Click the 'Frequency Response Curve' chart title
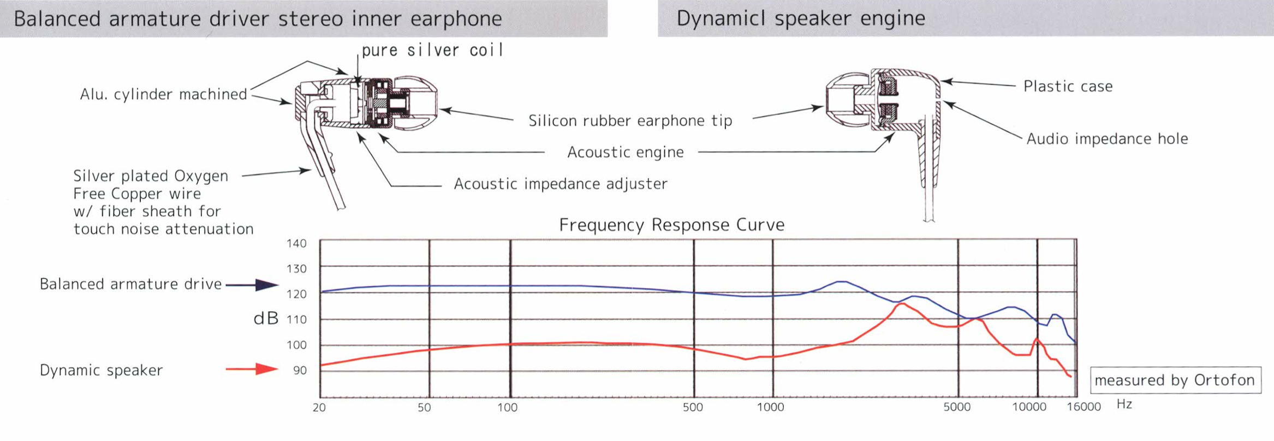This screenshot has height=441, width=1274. (x=671, y=225)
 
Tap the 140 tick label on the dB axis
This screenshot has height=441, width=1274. (x=296, y=243)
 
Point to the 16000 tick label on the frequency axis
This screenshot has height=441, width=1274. (x=1084, y=407)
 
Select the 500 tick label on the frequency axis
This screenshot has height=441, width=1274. (x=693, y=407)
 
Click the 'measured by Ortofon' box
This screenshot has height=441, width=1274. (x=1175, y=380)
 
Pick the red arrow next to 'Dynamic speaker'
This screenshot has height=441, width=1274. (x=252, y=369)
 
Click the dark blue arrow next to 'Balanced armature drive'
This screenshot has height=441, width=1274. (x=252, y=285)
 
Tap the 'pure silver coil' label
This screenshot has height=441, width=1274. (x=432, y=50)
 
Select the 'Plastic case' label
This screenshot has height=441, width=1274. (x=1068, y=86)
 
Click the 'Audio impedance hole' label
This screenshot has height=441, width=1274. (x=1107, y=138)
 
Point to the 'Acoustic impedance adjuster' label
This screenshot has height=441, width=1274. (x=561, y=184)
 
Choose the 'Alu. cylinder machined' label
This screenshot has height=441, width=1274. (x=163, y=94)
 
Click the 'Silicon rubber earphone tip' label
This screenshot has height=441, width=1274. (x=630, y=120)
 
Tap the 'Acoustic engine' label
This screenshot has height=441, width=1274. (x=626, y=152)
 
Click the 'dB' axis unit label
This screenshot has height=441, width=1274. (x=266, y=318)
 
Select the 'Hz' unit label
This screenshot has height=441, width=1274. (x=1124, y=404)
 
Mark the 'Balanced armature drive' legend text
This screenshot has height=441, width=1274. (x=130, y=284)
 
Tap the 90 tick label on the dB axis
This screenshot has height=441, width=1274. (x=300, y=371)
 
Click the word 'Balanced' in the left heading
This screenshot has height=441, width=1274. (x=57, y=19)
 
